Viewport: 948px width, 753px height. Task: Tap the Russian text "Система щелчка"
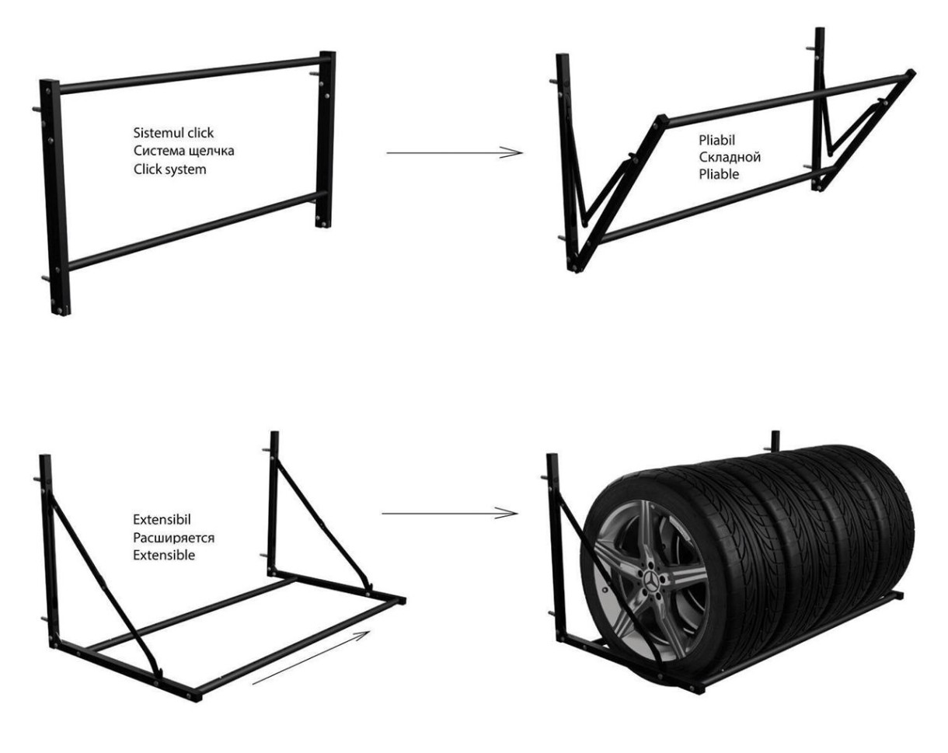coord(183,152)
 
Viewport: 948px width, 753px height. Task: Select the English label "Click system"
coord(170,169)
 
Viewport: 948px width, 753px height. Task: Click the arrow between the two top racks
coord(454,153)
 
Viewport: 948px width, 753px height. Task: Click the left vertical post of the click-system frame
coord(55,194)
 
